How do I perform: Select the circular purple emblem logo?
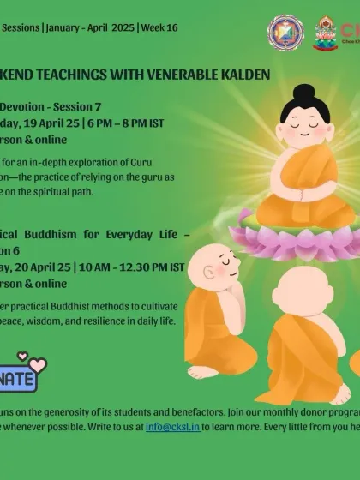[285, 33]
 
